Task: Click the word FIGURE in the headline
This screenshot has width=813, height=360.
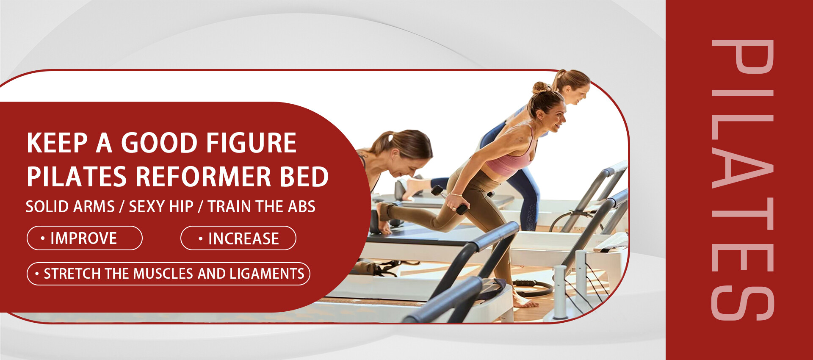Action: click(x=252, y=143)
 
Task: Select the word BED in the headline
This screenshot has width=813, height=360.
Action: click(x=304, y=177)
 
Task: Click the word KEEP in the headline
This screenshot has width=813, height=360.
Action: click(x=57, y=143)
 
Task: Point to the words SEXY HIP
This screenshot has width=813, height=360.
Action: click(x=161, y=207)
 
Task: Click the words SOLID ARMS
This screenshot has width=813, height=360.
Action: click(x=70, y=207)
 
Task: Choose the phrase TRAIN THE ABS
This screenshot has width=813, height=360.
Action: click(x=262, y=207)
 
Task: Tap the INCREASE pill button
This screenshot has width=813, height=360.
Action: click(x=238, y=238)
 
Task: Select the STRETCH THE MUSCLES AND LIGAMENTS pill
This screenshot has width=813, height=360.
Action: click(x=169, y=274)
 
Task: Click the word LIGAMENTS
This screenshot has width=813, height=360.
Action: click(x=267, y=274)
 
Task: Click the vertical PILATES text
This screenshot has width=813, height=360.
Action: click(x=743, y=180)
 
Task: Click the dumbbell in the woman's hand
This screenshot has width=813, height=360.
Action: click(x=450, y=199)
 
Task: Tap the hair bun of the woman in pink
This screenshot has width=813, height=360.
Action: click(x=540, y=87)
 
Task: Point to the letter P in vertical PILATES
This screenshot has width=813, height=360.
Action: click(x=743, y=56)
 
